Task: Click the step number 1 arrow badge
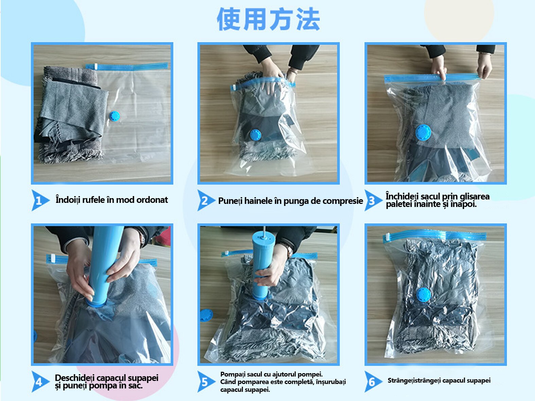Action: tap(39, 200)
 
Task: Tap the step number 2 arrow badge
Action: tap(206, 200)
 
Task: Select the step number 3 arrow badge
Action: tap(373, 200)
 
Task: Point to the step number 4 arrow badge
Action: tap(39, 382)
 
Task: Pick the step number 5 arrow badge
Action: tap(206, 382)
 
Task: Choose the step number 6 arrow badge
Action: tap(373, 382)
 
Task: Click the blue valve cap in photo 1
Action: tap(114, 116)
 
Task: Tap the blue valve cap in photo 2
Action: tap(255, 135)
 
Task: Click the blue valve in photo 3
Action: tap(423, 133)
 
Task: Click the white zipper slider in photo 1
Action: tap(96, 66)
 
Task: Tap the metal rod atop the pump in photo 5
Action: tap(264, 230)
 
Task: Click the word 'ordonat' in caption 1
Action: tap(152, 200)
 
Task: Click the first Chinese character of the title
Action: tap(229, 19)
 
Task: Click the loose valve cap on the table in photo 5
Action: tap(206, 315)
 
